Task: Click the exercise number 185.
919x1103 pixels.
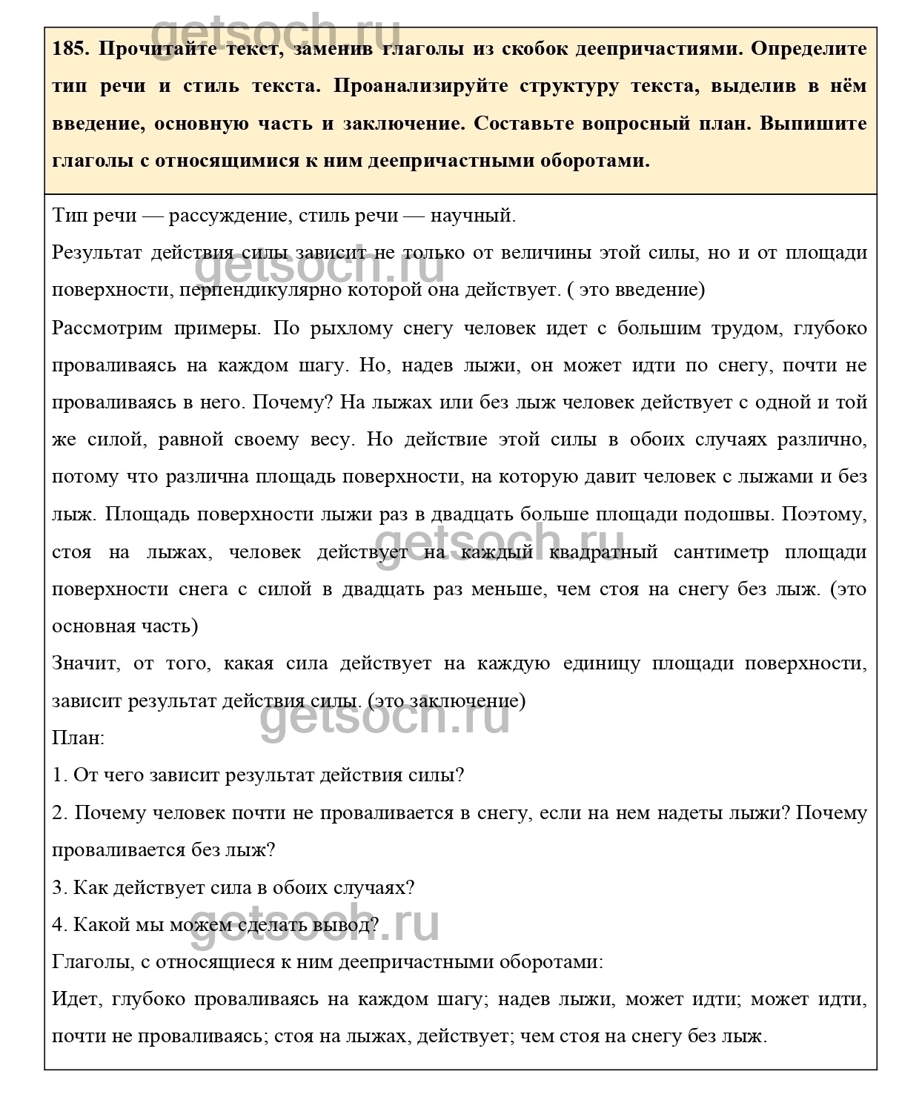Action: tap(71, 49)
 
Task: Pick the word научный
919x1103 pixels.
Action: tap(473, 216)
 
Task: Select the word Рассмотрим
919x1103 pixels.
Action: tap(107, 328)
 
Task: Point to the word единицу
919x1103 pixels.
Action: tap(601, 663)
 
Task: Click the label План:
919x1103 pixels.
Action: tap(79, 738)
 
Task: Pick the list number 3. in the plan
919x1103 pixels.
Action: tap(59, 887)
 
